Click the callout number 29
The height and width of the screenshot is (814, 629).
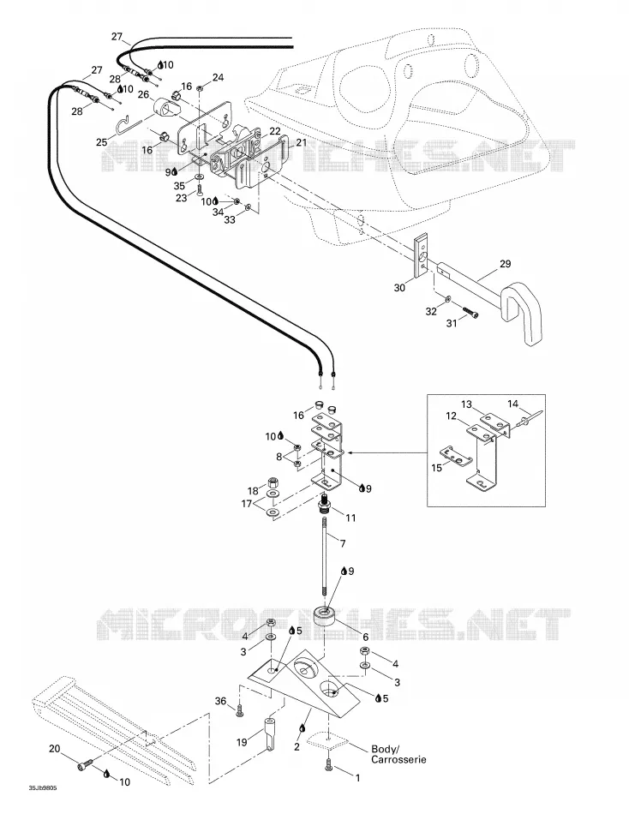tap(505, 264)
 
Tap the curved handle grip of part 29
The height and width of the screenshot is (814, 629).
tap(523, 312)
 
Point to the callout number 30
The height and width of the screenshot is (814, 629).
tap(398, 287)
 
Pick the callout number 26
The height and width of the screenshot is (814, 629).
tap(143, 95)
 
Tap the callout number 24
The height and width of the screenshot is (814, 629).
tap(219, 77)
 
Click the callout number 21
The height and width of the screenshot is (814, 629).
tap(302, 142)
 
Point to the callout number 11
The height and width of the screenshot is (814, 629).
tap(350, 518)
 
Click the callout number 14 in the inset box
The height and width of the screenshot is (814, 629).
tap(512, 404)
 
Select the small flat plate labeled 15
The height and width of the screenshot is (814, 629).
tap(456, 453)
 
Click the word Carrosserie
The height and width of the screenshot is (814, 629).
tap(398, 759)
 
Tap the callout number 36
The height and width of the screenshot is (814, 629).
tap(221, 701)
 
